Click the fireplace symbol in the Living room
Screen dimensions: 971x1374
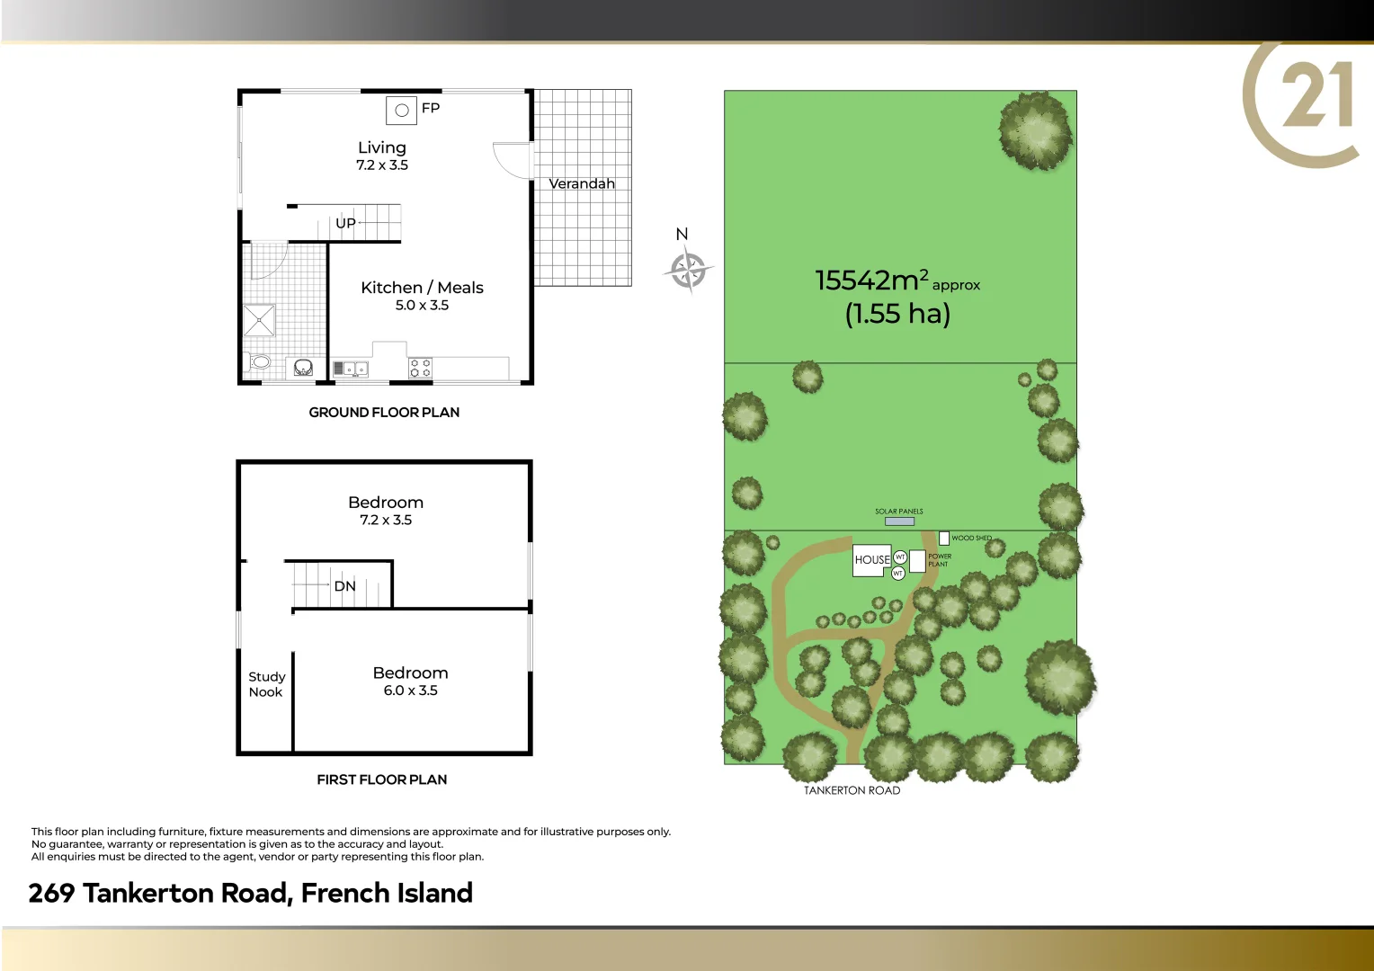click(401, 111)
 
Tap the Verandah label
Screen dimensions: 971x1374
click(582, 183)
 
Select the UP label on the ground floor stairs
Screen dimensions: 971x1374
click(345, 223)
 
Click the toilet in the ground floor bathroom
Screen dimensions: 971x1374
click(259, 362)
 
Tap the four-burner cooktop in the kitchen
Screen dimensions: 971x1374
click(420, 368)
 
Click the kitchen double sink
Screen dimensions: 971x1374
click(350, 369)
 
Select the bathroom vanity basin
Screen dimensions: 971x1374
click(303, 368)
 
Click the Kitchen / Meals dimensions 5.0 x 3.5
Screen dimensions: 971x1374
click(422, 306)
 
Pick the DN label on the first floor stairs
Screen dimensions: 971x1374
click(344, 586)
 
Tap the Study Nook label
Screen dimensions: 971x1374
click(266, 684)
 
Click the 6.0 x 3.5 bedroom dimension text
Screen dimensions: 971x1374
click(410, 690)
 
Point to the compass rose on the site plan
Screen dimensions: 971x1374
click(688, 270)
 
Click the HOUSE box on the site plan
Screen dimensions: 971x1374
click(871, 560)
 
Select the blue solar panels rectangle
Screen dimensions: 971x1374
click(899, 521)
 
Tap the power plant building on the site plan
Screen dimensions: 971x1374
click(917, 561)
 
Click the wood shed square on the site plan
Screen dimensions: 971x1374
click(944, 539)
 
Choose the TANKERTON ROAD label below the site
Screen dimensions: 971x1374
click(852, 791)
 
